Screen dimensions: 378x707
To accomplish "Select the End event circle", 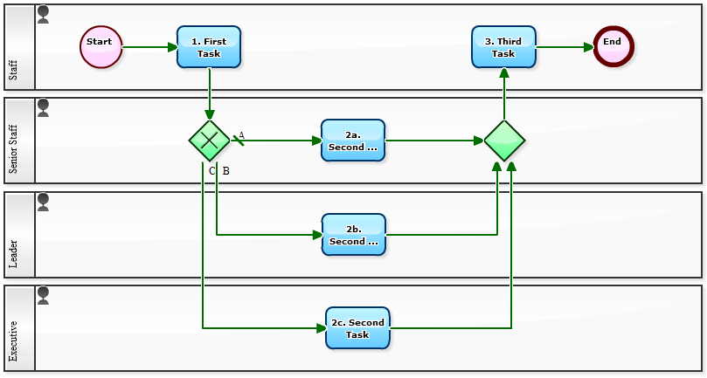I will (x=613, y=46).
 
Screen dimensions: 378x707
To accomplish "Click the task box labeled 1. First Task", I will (x=209, y=47).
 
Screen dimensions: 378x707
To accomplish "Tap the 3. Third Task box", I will (x=503, y=47).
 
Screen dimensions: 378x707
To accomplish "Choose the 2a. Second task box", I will (x=353, y=141).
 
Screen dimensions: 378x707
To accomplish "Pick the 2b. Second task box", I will (x=353, y=235).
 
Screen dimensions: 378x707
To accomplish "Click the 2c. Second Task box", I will (x=357, y=328).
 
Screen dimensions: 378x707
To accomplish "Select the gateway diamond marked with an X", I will (x=210, y=141).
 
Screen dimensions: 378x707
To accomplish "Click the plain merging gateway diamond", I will (x=504, y=141).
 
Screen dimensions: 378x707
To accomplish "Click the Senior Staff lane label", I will (x=13, y=148).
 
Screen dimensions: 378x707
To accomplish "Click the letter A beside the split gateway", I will (x=241, y=135).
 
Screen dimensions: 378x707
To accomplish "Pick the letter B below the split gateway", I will (x=225, y=170).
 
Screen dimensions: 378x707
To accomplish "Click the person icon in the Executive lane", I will (x=43, y=295).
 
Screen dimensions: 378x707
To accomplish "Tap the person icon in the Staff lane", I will (x=43, y=14).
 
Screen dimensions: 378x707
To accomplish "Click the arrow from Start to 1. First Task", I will (x=149, y=47).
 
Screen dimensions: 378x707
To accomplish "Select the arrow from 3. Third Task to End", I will (x=564, y=47).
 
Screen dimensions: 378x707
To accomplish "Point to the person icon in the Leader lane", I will (x=43, y=202).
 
